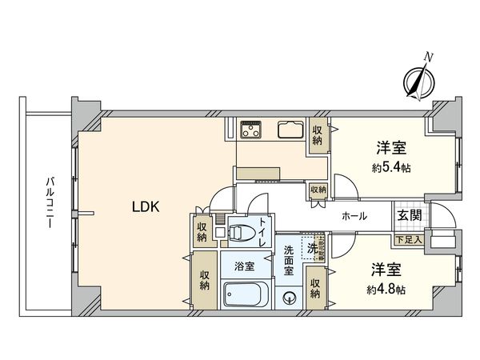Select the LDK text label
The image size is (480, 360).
[147, 207]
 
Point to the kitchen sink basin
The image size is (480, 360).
[289, 130]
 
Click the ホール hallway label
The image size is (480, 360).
[354, 216]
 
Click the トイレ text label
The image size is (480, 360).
[262, 232]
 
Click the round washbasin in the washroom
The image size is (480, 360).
[290, 299]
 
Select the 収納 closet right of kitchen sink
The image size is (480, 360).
[318, 134]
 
